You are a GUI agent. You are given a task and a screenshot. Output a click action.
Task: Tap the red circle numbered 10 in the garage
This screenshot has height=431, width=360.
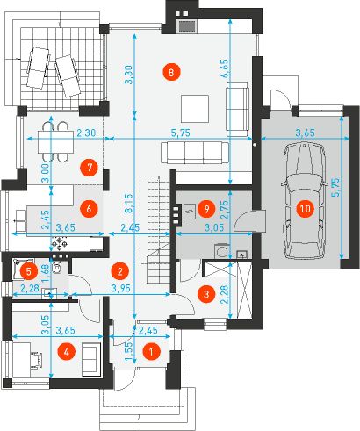click(x=304, y=209)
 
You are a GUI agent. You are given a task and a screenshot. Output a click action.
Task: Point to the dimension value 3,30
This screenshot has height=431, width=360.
click(x=129, y=75)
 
